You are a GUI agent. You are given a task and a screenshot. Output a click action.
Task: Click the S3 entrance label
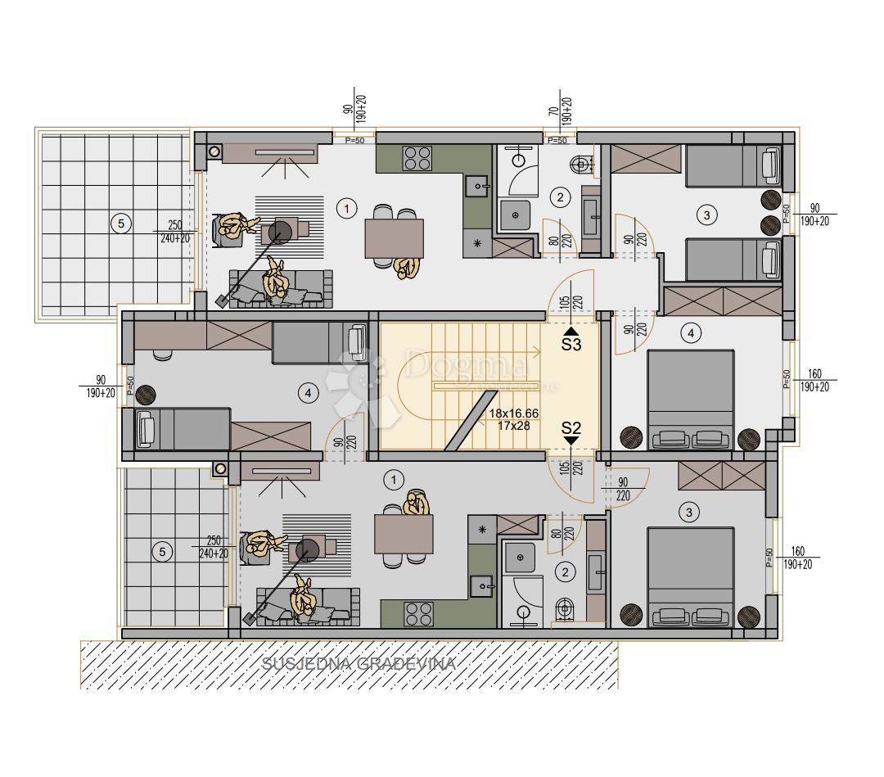click(x=571, y=345)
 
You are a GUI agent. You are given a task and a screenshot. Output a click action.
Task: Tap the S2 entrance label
click(x=571, y=427)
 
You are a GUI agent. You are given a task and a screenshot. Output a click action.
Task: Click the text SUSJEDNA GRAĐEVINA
click(x=358, y=664)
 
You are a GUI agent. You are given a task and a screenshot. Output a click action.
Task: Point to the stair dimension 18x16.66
click(x=514, y=414)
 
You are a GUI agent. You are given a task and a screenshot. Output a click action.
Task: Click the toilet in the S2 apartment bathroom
click(x=563, y=609)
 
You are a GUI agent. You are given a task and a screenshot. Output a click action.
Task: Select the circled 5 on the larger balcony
click(x=120, y=223)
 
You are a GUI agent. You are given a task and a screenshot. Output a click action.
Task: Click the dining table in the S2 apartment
click(x=404, y=534)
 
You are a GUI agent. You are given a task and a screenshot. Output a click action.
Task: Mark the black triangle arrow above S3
click(x=571, y=330)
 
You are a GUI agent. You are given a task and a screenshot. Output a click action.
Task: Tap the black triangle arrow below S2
click(x=571, y=440)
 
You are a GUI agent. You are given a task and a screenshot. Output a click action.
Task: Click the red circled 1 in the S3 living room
click(x=348, y=209)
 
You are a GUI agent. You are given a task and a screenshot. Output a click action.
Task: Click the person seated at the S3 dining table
click(x=406, y=267)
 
